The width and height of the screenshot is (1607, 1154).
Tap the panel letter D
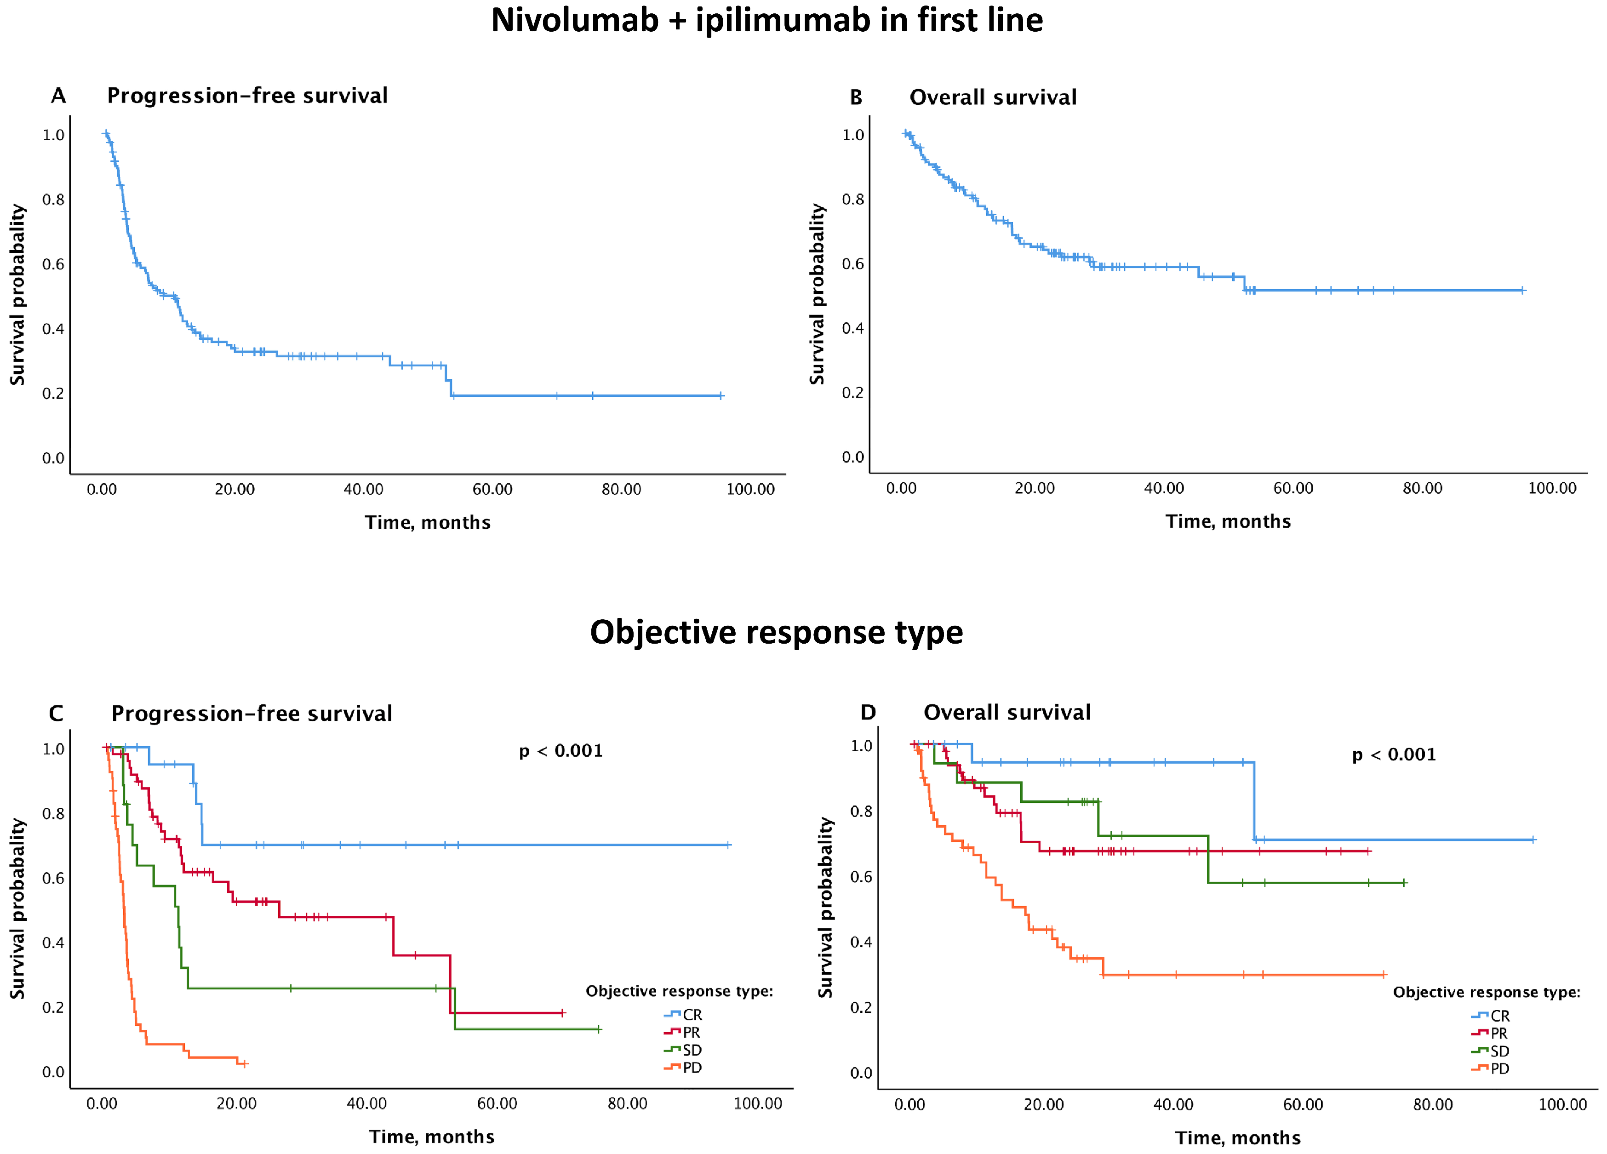[x=868, y=712]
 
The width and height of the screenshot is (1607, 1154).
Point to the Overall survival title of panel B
[x=993, y=97]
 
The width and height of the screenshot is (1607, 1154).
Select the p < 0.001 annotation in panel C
[x=560, y=751]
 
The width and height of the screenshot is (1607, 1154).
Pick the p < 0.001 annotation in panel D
[x=1394, y=754]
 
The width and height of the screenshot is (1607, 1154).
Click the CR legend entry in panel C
[x=683, y=1014]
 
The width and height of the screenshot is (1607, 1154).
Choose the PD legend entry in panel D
[x=1491, y=1068]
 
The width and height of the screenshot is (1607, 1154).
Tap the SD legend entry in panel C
[x=683, y=1050]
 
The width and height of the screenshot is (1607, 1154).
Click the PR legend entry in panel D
[x=1490, y=1034]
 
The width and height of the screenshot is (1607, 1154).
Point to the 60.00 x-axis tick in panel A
[x=492, y=490]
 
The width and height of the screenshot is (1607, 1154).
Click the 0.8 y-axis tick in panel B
[x=853, y=199]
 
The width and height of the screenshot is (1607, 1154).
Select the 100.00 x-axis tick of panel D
[x=1563, y=1104]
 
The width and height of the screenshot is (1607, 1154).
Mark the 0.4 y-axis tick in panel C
[x=53, y=943]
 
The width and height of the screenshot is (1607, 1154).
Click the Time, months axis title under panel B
[x=1228, y=521]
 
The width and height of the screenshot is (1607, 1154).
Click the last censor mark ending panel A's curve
[x=721, y=395]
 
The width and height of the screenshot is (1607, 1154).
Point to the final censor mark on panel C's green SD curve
[x=599, y=1028]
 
